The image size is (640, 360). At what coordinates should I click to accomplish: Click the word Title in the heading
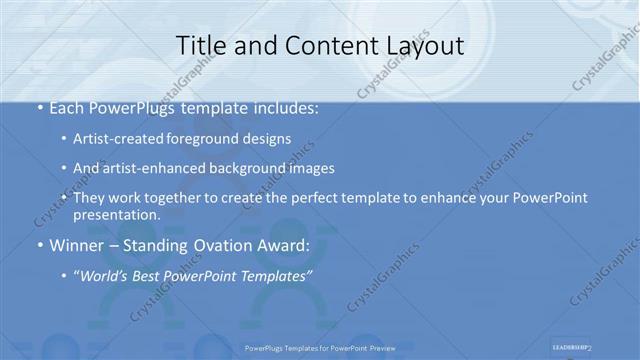198,46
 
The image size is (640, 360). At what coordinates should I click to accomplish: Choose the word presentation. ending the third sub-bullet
116,214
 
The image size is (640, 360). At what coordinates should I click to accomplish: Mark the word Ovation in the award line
214,245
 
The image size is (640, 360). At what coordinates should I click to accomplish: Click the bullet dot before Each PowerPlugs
39,108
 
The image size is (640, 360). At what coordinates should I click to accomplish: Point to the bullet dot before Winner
39,245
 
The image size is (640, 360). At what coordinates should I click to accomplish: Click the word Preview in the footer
378,348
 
